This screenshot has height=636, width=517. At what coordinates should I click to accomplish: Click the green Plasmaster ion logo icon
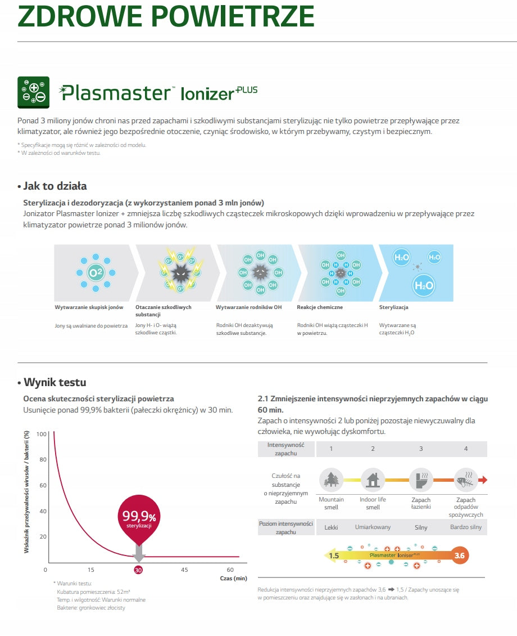[x=33, y=92]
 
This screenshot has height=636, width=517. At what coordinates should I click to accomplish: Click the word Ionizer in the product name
[x=207, y=93]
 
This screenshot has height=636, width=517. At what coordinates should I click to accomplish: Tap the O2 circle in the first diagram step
[x=96, y=272]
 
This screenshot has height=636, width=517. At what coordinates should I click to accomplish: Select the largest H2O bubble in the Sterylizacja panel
[x=424, y=285]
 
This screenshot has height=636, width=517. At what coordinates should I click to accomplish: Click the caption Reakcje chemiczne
[x=320, y=307]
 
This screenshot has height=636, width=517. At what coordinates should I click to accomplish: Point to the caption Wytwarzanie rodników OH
[x=248, y=307]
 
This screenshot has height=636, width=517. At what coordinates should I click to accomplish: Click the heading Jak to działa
[x=55, y=186]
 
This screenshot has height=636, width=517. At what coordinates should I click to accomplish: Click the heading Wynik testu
[x=55, y=382]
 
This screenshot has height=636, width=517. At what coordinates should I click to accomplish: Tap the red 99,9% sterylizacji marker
[x=139, y=519]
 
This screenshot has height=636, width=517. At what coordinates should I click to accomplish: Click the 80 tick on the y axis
[x=43, y=460]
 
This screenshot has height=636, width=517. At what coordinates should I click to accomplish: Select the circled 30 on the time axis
[x=138, y=570]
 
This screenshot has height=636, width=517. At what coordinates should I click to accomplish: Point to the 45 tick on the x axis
[x=184, y=570]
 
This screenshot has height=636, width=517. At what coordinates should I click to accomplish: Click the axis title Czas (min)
[x=234, y=579]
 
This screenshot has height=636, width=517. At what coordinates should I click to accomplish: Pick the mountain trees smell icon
[x=331, y=480]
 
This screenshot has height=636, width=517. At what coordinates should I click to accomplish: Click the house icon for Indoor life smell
[x=373, y=480]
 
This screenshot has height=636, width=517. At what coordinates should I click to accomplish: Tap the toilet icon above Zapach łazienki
[x=421, y=480]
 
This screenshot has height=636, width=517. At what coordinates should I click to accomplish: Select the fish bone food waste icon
[x=466, y=480]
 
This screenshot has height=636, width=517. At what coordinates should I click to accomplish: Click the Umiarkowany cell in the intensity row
[x=373, y=527]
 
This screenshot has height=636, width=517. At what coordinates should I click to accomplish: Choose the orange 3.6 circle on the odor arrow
[x=459, y=556]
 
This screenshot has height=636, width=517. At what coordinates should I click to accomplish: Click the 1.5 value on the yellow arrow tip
[x=334, y=556]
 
